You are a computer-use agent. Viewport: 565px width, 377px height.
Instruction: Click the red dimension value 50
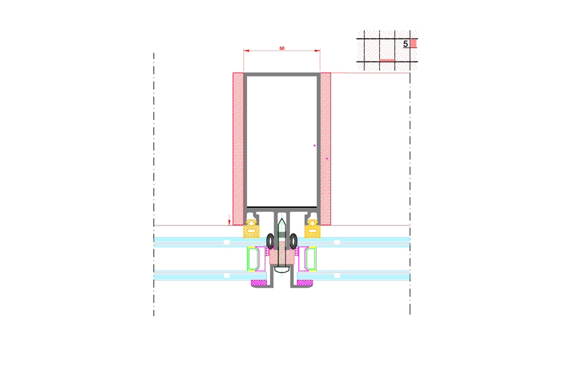[x=282, y=49]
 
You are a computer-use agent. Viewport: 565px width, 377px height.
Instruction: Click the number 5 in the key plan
[x=405, y=44]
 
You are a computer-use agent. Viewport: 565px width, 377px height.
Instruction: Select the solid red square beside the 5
[x=413, y=43]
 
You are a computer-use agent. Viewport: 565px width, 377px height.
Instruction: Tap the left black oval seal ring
[x=270, y=241]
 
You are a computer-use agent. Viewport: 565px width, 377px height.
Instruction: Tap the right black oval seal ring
[x=294, y=241]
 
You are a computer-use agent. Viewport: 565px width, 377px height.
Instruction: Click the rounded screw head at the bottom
[x=282, y=269]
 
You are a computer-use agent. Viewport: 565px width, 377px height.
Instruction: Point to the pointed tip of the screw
[x=282, y=218]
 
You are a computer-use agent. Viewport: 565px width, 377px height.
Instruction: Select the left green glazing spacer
[x=252, y=258]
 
